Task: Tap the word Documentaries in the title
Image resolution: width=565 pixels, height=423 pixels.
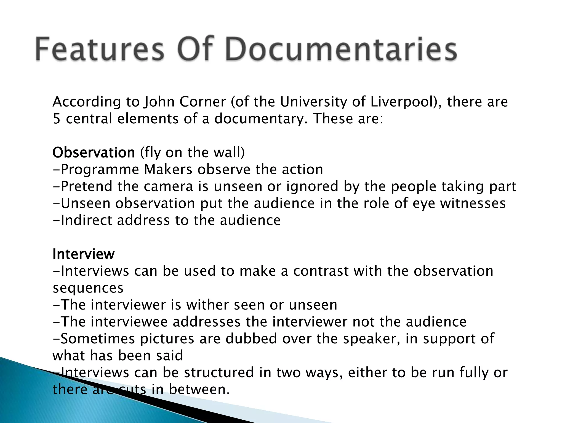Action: coord(341,50)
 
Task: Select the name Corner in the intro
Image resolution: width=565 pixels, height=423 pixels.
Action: coord(202,102)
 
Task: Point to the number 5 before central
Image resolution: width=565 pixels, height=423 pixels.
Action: coord(56,119)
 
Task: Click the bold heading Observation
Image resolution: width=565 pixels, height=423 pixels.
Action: coord(94,153)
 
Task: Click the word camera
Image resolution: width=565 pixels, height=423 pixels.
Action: coord(168,186)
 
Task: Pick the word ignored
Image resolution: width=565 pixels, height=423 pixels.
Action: coord(312,187)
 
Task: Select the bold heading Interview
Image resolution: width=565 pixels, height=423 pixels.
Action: coord(83,254)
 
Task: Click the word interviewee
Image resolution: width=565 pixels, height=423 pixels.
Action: coord(129,322)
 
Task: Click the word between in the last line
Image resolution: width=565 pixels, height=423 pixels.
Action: coord(199,390)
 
